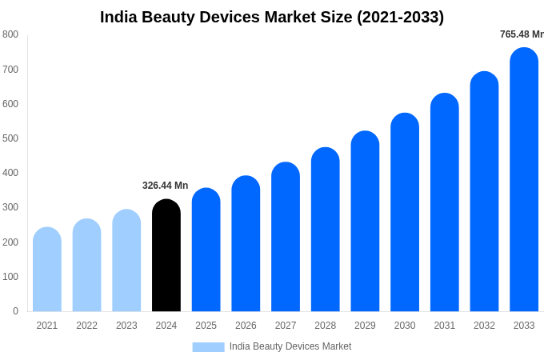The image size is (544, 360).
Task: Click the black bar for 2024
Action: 166,256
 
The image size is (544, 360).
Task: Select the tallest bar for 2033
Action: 524,180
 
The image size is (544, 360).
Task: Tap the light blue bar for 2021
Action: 47,270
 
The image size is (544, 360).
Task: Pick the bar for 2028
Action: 326,230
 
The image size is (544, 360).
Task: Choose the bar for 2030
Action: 405,213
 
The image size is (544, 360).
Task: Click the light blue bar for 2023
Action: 126,261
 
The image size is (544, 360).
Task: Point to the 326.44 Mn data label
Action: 165,186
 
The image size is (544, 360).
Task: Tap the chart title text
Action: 272,17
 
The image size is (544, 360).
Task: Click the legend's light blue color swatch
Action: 208,346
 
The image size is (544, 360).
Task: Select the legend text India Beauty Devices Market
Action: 290,346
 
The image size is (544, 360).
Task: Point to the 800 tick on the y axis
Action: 10,34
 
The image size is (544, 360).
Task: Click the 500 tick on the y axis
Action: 10,138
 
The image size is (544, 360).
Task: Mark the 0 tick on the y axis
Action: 15,311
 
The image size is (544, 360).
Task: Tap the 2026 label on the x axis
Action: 246,326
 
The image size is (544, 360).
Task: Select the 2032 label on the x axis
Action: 484,326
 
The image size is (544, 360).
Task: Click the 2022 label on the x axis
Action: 86,326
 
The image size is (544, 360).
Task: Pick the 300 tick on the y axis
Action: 10,207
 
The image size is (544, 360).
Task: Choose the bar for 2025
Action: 206,250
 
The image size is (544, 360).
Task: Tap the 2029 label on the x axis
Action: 365,326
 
